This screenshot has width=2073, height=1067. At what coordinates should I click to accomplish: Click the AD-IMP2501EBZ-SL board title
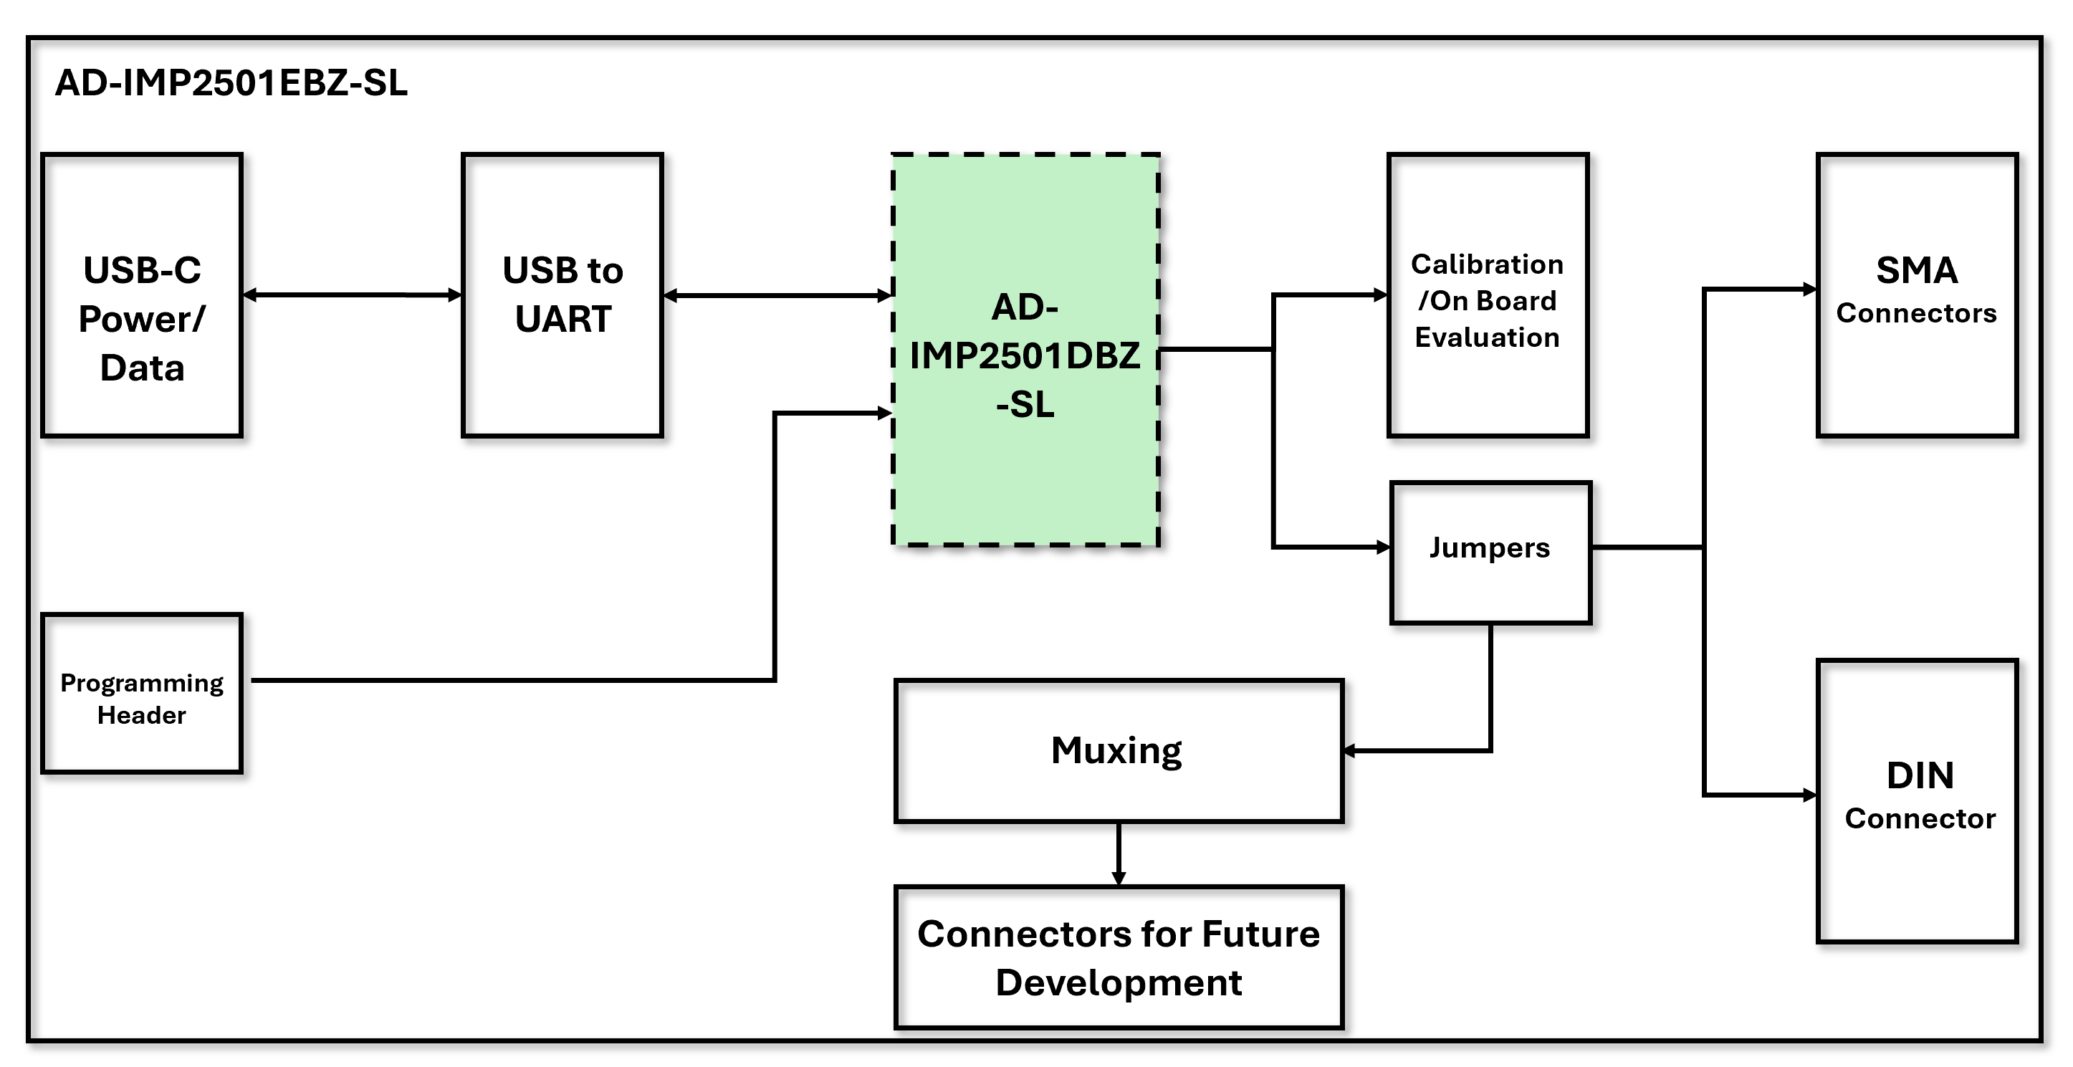231,83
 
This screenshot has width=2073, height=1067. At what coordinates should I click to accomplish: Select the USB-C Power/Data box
142,295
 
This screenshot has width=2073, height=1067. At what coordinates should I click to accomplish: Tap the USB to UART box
562,295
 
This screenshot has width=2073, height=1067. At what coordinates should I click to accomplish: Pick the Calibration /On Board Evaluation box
1487,295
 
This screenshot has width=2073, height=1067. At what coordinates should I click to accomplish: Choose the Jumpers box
1490,552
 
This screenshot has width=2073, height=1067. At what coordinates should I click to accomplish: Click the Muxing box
1118,750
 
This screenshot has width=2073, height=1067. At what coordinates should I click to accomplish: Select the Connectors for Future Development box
1118,957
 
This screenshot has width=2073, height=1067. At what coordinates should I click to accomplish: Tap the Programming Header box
142,694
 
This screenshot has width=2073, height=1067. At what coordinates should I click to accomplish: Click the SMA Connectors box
1916,295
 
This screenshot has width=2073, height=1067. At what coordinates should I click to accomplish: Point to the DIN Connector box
1916,800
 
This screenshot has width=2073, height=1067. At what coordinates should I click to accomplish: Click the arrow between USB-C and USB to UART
353,295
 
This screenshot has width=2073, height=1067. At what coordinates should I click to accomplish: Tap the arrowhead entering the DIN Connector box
1811,795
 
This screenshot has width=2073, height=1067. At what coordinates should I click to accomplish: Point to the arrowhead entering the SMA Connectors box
1811,289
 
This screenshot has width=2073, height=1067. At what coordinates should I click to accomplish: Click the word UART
563,320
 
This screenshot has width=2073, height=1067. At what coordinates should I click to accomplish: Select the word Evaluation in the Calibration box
1487,338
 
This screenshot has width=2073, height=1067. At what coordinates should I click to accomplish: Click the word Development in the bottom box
1119,982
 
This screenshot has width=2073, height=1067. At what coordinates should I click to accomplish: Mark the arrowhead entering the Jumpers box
1384,547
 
